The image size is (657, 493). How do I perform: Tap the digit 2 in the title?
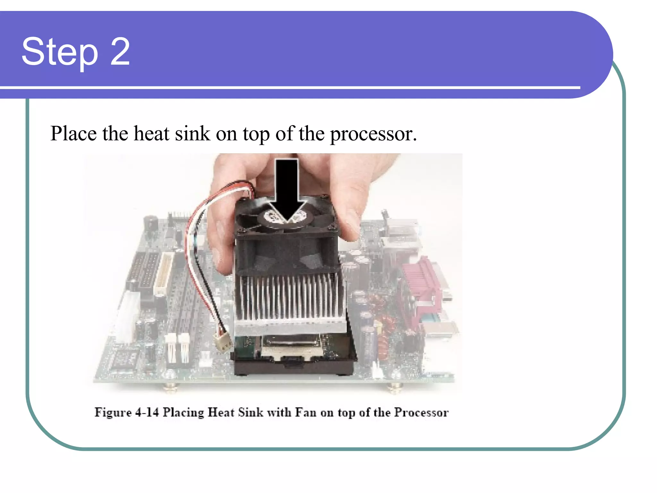[x=120, y=51]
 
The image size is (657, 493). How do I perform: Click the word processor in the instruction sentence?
[x=373, y=134]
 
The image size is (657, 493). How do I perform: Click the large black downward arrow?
[x=287, y=189]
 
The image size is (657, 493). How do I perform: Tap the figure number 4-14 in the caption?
[x=147, y=412]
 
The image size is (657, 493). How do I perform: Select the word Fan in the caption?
[x=305, y=412]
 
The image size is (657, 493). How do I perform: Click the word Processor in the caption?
[x=421, y=412]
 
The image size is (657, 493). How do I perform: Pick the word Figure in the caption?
[x=113, y=412]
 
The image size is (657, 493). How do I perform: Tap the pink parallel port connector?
[x=421, y=289]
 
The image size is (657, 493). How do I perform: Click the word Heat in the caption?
[x=221, y=412]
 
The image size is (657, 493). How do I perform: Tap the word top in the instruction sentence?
[x=256, y=134]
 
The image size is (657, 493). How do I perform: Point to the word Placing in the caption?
[x=183, y=412]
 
